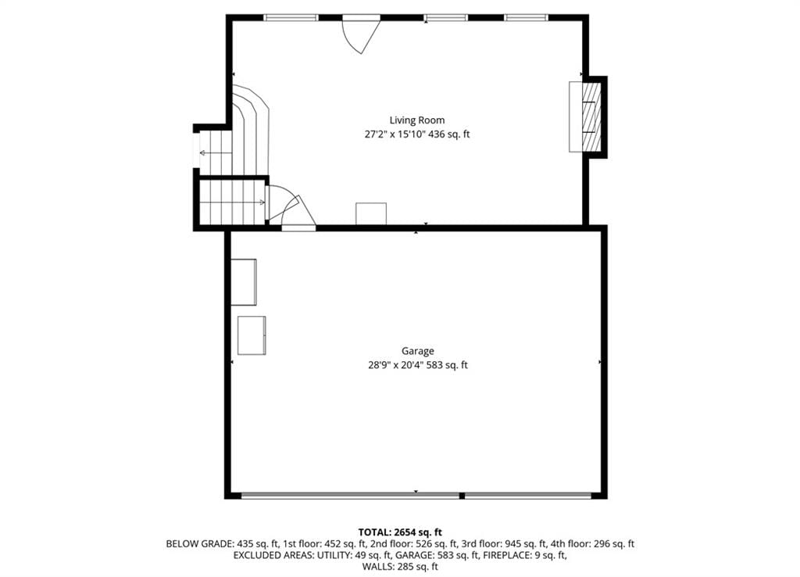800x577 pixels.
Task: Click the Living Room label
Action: pyautogui.click(x=417, y=120)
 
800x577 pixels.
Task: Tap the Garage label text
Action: pyautogui.click(x=417, y=351)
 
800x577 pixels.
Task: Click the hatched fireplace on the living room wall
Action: pyautogui.click(x=591, y=117)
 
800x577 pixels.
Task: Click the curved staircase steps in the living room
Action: pyautogui.click(x=251, y=130)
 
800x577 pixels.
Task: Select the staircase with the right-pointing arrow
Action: pyautogui.click(x=233, y=202)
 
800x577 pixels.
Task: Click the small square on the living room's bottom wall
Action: pyautogui.click(x=371, y=213)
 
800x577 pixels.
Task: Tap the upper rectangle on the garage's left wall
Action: pyautogui.click(x=244, y=282)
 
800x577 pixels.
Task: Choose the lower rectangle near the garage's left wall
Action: pyautogui.click(x=252, y=335)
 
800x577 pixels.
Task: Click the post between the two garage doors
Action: pyautogui.click(x=462, y=496)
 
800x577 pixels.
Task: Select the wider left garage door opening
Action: pyautogui.click(x=350, y=496)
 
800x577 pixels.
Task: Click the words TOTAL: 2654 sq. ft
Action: pyautogui.click(x=400, y=532)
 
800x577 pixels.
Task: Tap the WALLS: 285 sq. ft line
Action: pyautogui.click(x=400, y=566)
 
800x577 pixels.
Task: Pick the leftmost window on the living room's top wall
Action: pyautogui.click(x=291, y=18)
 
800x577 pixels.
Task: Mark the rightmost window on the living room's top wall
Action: pyautogui.click(x=527, y=18)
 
